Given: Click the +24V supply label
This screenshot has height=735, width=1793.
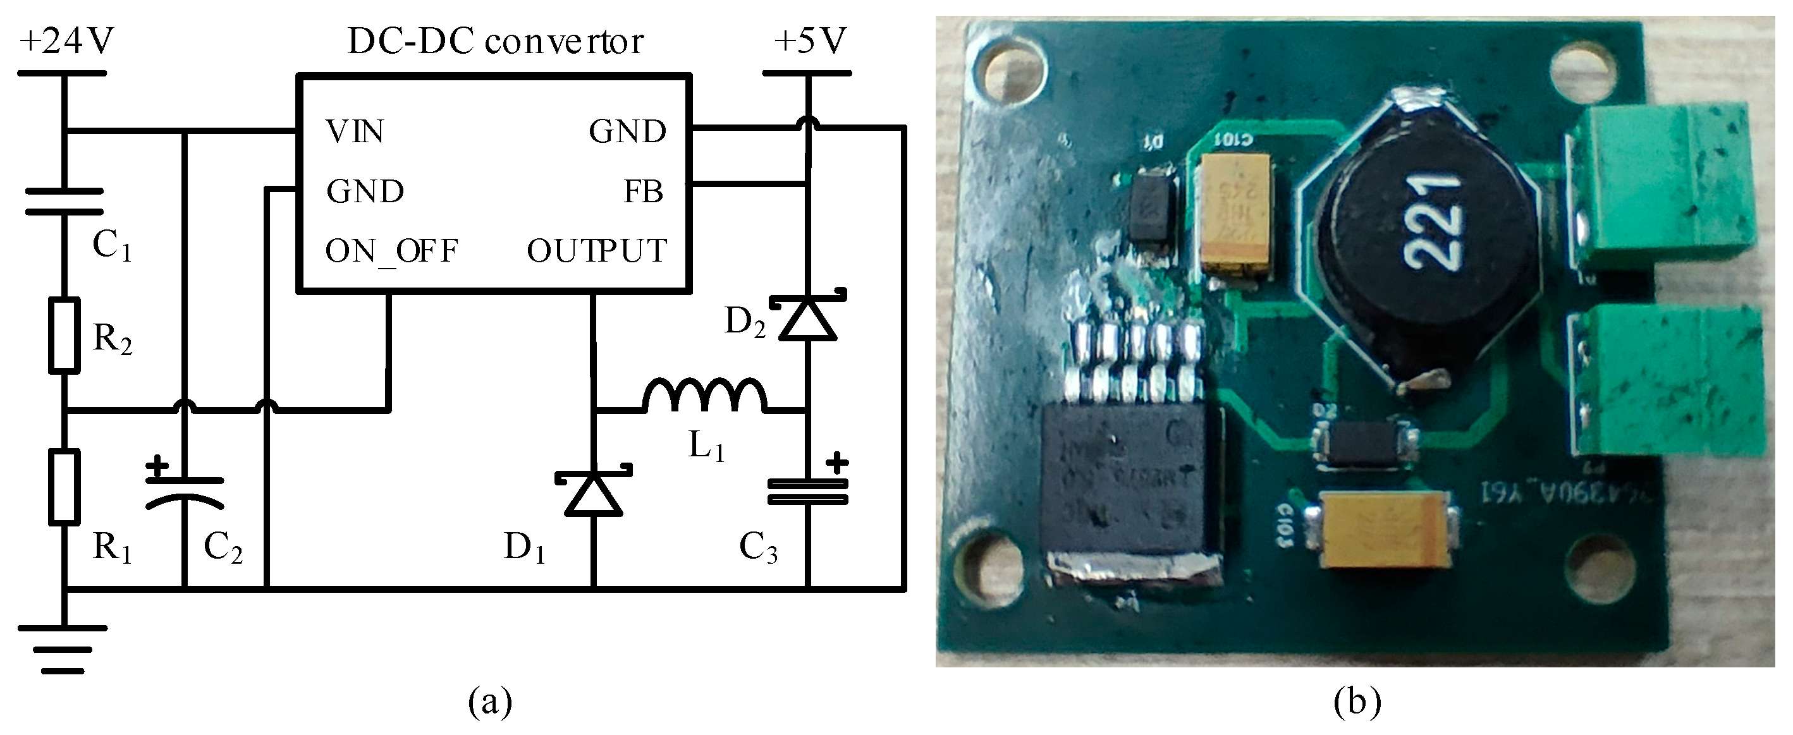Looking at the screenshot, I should [67, 42].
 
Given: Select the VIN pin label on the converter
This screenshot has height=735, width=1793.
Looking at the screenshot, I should [354, 131].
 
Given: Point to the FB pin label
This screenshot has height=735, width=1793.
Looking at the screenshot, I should [643, 191].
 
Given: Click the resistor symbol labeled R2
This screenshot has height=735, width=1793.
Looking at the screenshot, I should [64, 335].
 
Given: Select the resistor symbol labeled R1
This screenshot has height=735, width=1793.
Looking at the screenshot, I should [64, 487].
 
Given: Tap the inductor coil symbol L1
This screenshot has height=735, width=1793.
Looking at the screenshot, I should [704, 396].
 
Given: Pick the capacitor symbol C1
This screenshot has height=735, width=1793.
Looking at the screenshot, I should [64, 200].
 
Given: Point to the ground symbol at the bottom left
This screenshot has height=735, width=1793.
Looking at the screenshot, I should [63, 648].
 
